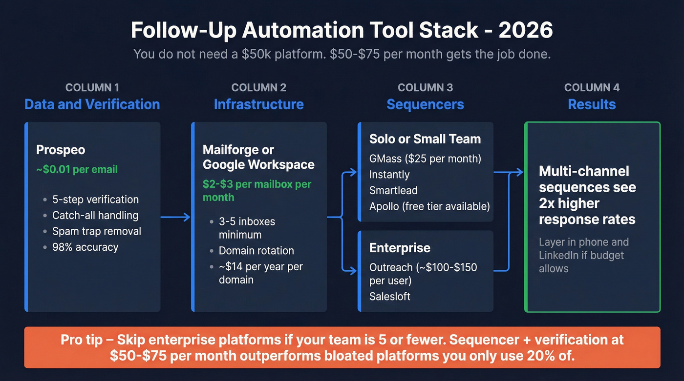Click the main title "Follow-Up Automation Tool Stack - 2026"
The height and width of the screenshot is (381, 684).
(x=342, y=30)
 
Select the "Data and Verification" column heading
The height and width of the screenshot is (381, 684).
(x=92, y=104)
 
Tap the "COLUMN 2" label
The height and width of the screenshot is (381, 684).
(x=258, y=88)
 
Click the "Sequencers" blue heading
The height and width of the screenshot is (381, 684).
(x=425, y=104)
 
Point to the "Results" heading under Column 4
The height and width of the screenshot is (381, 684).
(x=592, y=104)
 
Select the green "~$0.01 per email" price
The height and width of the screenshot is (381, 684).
(x=77, y=170)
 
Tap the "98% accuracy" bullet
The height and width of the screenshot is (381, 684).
(x=85, y=247)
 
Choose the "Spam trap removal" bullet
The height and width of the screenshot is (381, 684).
(x=96, y=231)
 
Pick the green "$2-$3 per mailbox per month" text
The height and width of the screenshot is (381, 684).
(x=257, y=191)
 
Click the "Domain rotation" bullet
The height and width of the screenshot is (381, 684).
(x=256, y=251)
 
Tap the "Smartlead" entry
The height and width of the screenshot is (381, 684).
(x=393, y=190)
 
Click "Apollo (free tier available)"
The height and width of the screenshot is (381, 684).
(x=429, y=206)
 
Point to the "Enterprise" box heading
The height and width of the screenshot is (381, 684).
(x=400, y=247)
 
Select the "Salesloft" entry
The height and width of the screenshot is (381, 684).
(x=390, y=296)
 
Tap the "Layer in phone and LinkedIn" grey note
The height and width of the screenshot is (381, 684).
(x=583, y=255)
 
